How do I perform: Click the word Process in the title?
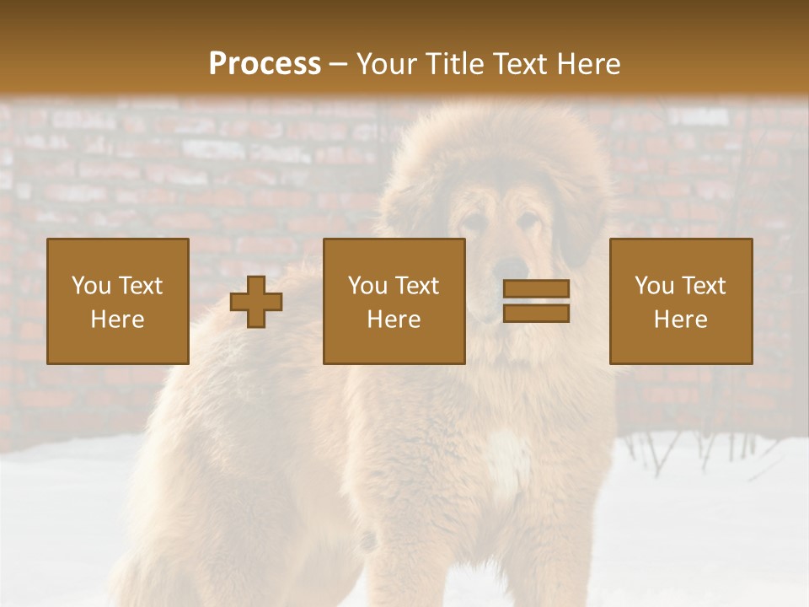tap(265, 64)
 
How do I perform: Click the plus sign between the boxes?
tap(256, 302)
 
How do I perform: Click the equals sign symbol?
tap(536, 301)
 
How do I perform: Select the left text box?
tap(118, 302)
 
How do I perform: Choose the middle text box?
tap(394, 302)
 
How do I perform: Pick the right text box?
tap(681, 302)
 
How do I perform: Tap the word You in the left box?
tap(89, 286)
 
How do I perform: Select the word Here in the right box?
tap(681, 320)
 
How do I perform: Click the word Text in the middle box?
tap(418, 286)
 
